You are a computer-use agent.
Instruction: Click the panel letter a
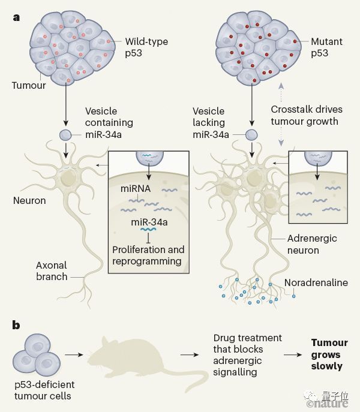(x=16, y=17)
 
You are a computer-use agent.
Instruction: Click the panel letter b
(x=17, y=326)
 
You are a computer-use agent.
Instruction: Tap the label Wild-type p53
(x=146, y=48)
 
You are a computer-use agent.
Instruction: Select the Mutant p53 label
(x=327, y=48)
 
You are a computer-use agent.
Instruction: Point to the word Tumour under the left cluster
(x=29, y=86)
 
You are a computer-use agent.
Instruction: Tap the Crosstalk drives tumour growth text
(x=305, y=116)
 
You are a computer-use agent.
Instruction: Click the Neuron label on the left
(x=29, y=200)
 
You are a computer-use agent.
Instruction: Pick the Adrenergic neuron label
(x=312, y=244)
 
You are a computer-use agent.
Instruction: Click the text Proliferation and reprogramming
(x=148, y=255)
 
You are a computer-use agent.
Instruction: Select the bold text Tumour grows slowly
(x=329, y=354)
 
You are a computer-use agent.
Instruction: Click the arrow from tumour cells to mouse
(x=73, y=355)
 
